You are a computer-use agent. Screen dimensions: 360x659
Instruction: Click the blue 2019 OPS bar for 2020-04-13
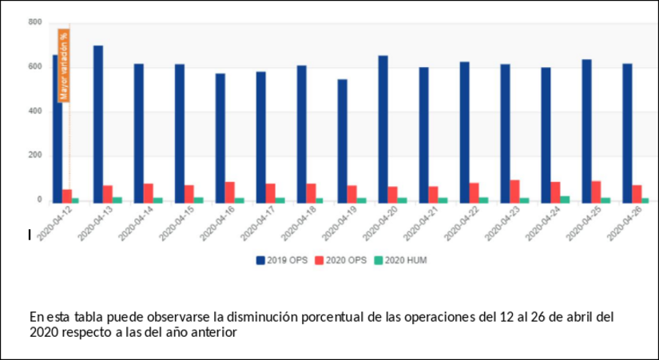[98, 124]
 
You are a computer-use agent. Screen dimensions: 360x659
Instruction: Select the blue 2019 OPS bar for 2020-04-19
[342, 140]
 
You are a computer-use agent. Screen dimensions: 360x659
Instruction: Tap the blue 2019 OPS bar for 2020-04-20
[383, 129]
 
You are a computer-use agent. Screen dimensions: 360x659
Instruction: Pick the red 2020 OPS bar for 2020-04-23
[514, 191]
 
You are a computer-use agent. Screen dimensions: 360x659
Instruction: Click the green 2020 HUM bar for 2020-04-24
[566, 199]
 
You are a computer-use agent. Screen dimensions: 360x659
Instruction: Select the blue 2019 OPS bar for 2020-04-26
[627, 133]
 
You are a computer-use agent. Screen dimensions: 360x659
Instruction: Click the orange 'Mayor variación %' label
[64, 65]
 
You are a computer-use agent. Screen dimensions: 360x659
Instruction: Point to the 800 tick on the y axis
[34, 22]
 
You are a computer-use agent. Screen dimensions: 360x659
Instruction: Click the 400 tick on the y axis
[34, 111]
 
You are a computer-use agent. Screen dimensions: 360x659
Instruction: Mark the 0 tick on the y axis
[38, 200]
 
